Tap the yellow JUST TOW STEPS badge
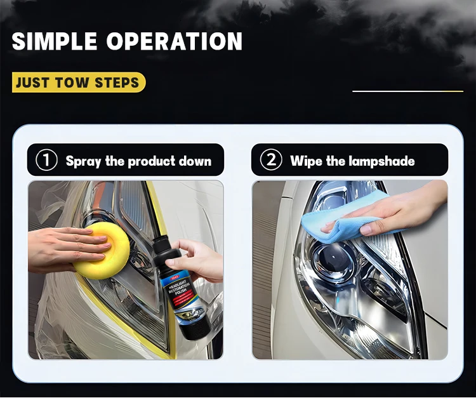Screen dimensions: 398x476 (78, 83)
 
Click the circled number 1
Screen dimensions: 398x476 (46, 161)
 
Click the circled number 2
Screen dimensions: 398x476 (271, 161)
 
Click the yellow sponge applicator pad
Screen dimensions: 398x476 (101, 249)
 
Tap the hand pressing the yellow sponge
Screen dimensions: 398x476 (63, 248)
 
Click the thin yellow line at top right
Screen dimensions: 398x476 (407, 91)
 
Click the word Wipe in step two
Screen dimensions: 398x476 (307, 161)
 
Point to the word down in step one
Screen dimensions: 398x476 (195, 161)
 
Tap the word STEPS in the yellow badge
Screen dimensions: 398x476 (117, 83)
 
